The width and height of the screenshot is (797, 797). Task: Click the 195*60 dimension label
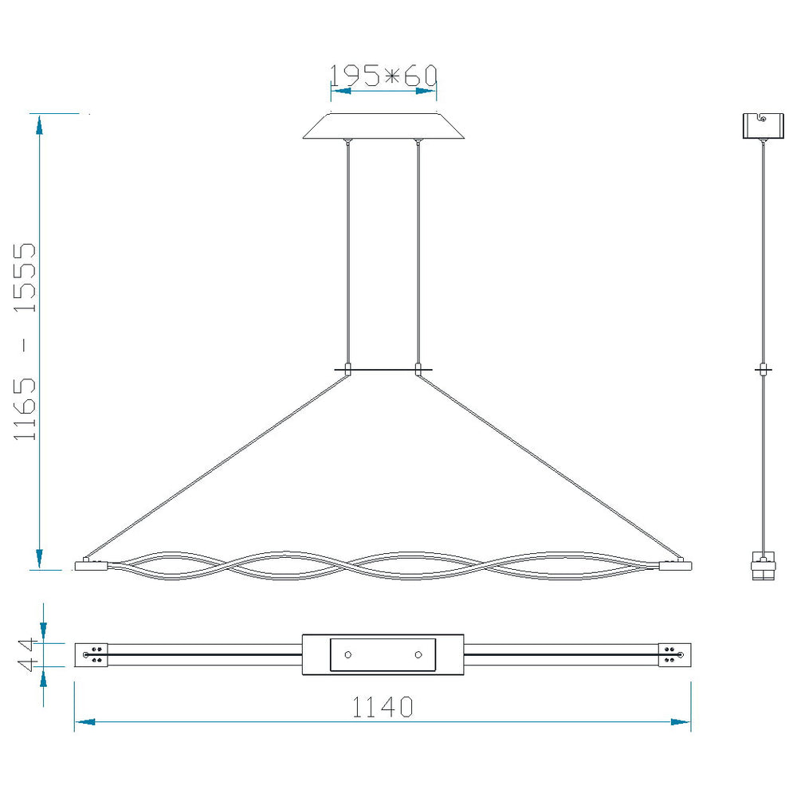pos(383,76)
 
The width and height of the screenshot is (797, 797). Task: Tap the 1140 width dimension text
pos(383,707)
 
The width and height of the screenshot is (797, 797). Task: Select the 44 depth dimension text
pos(26,654)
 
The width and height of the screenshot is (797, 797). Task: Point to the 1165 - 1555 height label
pos(25,341)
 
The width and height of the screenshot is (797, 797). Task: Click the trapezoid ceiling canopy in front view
pos(383,126)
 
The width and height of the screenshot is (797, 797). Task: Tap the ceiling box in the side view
pos(763,126)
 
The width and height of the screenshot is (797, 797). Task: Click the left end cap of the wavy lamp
pos(92,565)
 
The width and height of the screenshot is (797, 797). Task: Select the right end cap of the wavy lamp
pos(676,565)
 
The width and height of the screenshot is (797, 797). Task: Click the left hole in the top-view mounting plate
pos(348,654)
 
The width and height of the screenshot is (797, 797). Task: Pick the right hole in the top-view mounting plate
pos(418,654)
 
